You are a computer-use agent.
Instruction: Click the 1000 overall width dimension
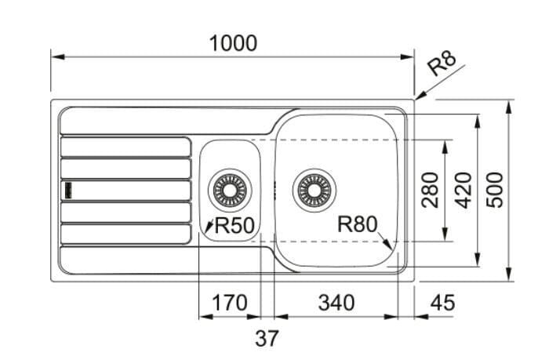(x=233, y=43)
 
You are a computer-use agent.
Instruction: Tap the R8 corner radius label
(x=442, y=63)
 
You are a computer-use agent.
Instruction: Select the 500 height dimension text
(x=495, y=190)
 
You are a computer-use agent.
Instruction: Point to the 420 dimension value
(x=463, y=190)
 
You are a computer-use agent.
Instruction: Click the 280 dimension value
(x=431, y=190)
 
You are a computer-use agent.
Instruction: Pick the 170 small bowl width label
(x=230, y=302)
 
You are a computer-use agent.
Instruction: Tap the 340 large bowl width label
(x=336, y=302)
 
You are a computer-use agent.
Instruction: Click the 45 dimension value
(x=442, y=302)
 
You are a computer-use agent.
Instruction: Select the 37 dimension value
(x=267, y=338)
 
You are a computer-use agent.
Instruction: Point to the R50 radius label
(x=234, y=225)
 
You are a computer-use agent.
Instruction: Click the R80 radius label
(x=357, y=224)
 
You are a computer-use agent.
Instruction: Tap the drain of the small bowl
(x=230, y=190)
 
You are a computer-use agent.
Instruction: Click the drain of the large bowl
(x=314, y=190)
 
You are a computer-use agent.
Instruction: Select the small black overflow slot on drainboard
(x=68, y=190)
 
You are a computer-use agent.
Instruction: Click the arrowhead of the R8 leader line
(x=420, y=95)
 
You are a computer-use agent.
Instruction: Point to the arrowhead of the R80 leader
(x=388, y=244)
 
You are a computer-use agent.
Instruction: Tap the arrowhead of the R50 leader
(x=208, y=226)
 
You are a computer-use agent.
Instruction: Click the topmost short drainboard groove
(x=125, y=147)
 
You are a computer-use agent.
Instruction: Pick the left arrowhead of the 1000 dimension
(x=58, y=56)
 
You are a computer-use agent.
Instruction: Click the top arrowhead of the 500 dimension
(x=509, y=107)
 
